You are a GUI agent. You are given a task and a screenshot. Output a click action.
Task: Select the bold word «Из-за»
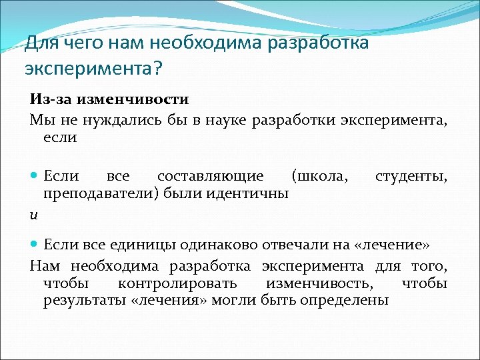(50, 99)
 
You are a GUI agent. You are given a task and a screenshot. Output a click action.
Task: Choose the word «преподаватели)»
(90, 193)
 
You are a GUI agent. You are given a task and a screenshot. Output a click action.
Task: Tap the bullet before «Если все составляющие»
(34, 176)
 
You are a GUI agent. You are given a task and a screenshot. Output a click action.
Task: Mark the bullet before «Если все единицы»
(34, 243)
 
